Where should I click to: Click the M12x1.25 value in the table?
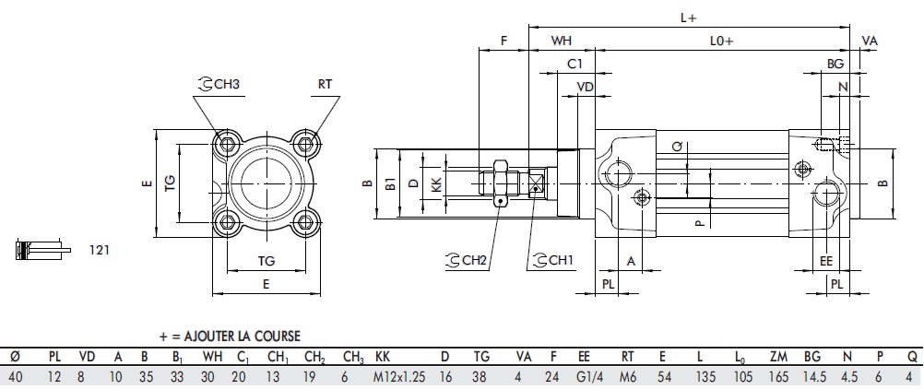tap(399, 376)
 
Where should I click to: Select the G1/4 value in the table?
tap(584, 376)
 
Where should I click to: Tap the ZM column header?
tap(776, 357)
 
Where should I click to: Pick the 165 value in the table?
tap(776, 376)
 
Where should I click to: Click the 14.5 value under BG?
tap(813, 376)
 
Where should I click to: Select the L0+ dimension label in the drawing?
tap(721, 41)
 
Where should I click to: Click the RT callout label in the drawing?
tap(325, 84)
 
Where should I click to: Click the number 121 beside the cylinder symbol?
tap(101, 249)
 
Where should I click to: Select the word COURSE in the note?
tap(276, 337)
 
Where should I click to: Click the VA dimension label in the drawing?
tap(869, 41)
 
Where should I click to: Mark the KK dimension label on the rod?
tap(436, 184)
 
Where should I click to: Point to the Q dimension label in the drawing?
tap(676, 147)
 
